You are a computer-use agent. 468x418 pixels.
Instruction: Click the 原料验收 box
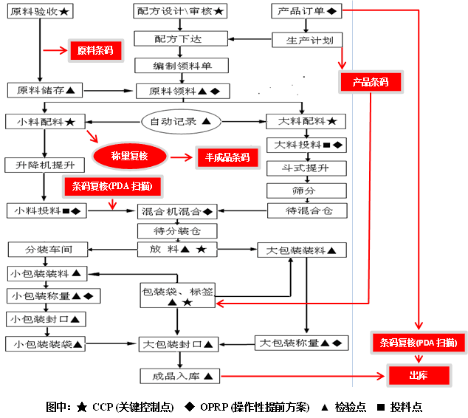[40, 13]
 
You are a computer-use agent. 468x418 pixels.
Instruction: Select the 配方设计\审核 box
[181, 13]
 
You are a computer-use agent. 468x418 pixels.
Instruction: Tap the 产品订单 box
[306, 13]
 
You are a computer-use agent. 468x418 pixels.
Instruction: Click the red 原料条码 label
[95, 50]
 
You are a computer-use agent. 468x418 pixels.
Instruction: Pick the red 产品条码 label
[370, 82]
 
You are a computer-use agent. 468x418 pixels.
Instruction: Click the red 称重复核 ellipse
[130, 157]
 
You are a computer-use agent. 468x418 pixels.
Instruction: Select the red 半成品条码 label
[222, 157]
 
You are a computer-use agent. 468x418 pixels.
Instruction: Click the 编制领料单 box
[181, 66]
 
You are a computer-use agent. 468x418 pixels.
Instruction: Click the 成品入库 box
[180, 377]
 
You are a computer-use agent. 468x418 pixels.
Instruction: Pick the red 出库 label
[418, 376]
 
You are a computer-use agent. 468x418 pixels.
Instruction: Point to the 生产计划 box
[306, 40]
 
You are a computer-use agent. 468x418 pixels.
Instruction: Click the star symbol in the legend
[80, 407]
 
